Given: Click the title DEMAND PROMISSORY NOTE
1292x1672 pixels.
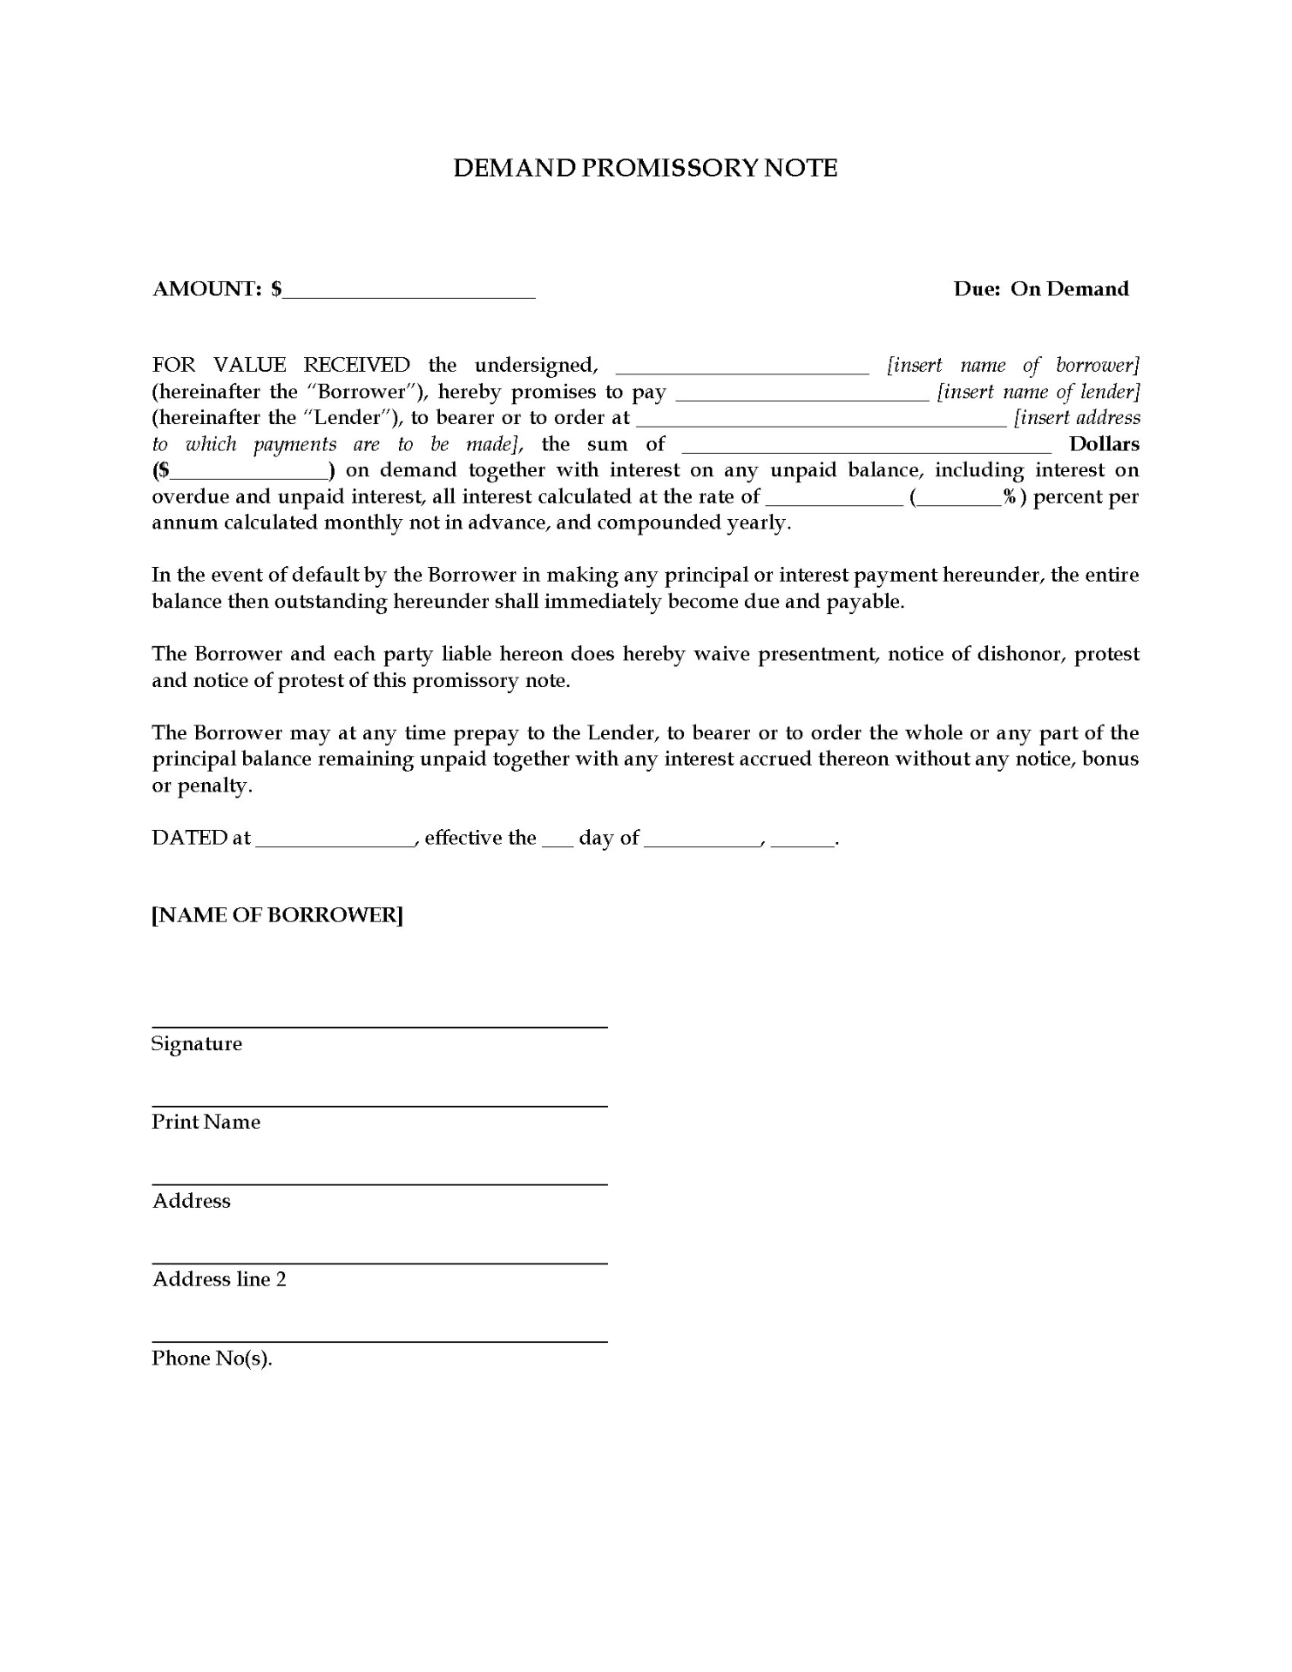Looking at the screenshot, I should click(645, 168).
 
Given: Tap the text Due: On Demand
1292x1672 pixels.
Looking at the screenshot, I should click(1040, 289).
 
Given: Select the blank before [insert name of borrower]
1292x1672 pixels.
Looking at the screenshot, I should click(742, 369).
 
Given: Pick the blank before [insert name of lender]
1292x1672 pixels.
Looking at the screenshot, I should click(802, 395).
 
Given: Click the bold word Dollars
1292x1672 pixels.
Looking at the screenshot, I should click(1104, 444).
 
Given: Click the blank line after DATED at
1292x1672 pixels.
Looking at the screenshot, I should click(335, 841).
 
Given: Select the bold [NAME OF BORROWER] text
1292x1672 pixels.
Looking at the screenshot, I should click(277, 915).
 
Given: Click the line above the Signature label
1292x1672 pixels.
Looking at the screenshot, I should click(379, 1028).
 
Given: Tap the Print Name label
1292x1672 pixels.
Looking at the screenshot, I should click(206, 1122).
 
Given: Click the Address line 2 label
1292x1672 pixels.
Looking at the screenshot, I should click(219, 1279).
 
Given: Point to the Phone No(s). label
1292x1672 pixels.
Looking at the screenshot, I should click(212, 1358).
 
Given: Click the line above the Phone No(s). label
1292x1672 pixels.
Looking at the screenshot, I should click(379, 1342).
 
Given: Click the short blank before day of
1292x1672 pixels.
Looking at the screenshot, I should click(558, 841).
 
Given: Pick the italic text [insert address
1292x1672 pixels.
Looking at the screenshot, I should click(1077, 418).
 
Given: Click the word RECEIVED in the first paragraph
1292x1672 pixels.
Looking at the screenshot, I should click(356, 365).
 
